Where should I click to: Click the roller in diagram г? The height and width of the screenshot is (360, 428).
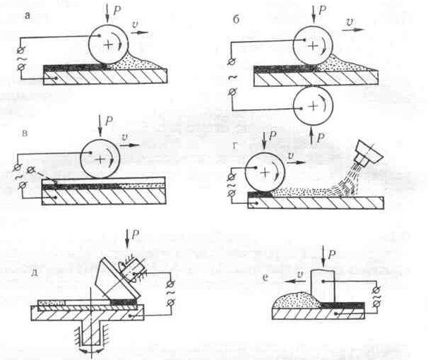coord(265,171)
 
